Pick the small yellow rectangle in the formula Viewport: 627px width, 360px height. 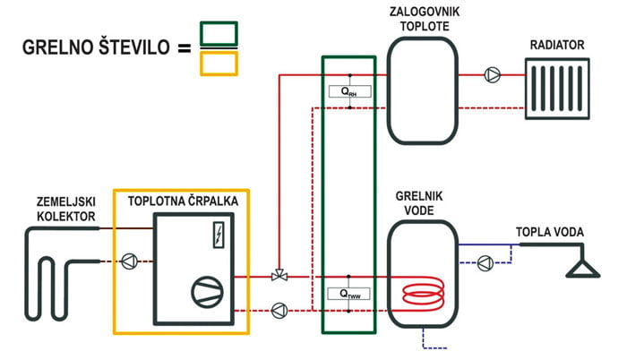(x=219, y=62)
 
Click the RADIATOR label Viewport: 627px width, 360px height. (x=557, y=45)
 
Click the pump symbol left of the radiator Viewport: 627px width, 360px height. (x=491, y=76)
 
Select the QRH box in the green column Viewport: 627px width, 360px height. (x=349, y=90)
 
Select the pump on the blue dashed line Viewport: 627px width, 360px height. (x=485, y=262)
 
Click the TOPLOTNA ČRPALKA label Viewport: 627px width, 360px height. (x=183, y=201)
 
